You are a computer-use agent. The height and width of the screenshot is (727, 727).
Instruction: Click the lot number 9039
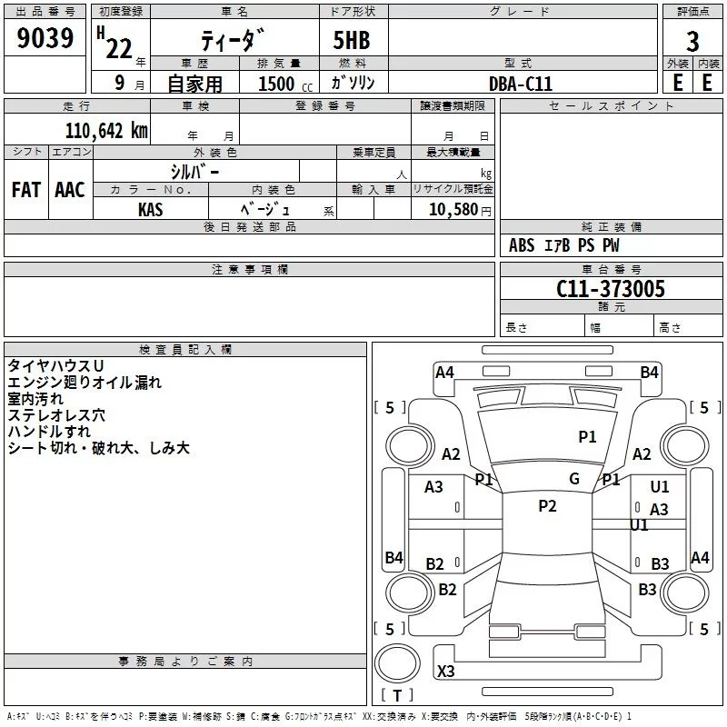pos(45,39)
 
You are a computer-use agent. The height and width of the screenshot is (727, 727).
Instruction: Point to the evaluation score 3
pos(692,41)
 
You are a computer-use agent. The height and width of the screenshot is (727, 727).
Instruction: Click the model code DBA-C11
pos(521,84)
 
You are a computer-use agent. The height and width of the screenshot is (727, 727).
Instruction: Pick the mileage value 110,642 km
pos(106,130)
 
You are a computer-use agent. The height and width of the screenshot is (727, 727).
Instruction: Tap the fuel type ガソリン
pos(354,83)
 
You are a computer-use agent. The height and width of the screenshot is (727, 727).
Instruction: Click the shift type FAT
pos(26,190)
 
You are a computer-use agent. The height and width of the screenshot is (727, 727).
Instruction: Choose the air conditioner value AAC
pos(70,190)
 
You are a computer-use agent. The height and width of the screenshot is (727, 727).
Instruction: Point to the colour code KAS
pos(151,209)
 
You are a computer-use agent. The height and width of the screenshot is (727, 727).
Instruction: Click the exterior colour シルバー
pos(195,171)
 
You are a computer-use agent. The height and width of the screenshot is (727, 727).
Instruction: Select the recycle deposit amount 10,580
pos(452,209)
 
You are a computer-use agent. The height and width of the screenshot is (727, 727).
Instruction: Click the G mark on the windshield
pos(573,479)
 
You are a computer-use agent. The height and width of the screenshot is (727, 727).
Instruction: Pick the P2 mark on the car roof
pos(547,506)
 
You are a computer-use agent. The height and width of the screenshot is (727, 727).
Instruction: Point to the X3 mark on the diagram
pos(446,672)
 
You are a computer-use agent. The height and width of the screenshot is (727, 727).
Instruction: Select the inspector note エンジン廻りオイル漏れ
pos(85,383)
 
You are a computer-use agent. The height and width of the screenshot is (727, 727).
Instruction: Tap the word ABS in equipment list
pos(522,245)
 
